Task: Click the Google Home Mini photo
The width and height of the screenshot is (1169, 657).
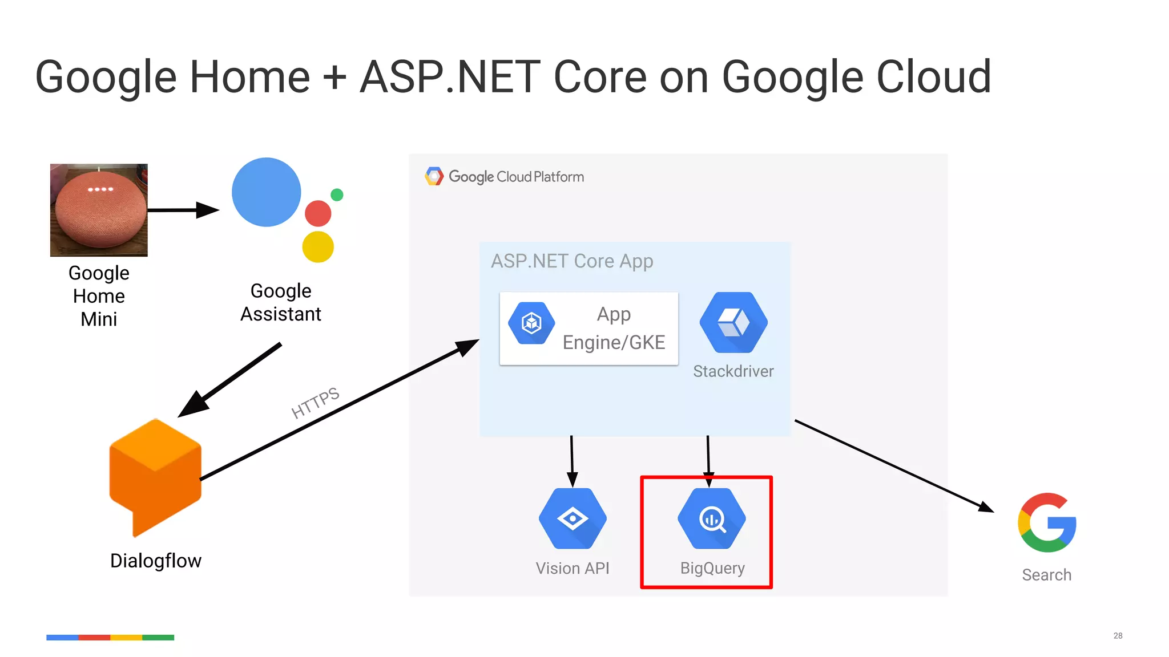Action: (x=99, y=210)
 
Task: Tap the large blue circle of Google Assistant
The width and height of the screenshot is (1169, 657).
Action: (x=266, y=192)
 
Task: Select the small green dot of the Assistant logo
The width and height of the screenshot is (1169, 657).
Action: (x=337, y=195)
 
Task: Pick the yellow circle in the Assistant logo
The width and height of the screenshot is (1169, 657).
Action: (x=318, y=246)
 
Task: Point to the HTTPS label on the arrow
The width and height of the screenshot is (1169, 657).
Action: (x=315, y=403)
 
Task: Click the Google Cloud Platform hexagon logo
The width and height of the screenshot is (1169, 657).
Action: (x=434, y=177)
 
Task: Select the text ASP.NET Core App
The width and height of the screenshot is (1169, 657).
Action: (x=572, y=261)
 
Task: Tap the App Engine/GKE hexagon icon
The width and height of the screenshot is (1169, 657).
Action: (x=531, y=323)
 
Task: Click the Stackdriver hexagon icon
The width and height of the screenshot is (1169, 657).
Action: (x=733, y=323)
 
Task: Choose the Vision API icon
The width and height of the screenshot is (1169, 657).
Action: (x=573, y=518)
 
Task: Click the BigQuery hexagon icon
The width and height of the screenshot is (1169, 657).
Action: (x=712, y=518)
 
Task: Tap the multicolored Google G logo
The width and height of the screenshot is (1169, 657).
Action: (x=1047, y=522)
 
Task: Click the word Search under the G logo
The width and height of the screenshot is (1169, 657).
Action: (x=1046, y=575)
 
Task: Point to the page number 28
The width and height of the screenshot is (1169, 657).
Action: (x=1118, y=635)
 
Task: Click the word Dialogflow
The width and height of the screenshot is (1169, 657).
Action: (x=156, y=561)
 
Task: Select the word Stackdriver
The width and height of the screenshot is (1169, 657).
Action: (x=733, y=371)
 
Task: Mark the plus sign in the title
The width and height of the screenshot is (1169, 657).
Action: (x=335, y=78)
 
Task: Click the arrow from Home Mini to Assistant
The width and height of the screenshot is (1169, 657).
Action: (x=183, y=210)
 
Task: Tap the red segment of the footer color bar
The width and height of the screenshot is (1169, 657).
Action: (x=94, y=638)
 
